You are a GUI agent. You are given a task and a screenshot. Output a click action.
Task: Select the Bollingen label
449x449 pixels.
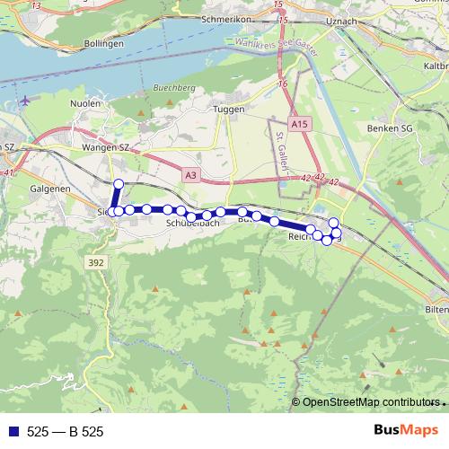pos(102,42)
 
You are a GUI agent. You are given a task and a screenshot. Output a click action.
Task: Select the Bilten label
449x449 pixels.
pos(436,309)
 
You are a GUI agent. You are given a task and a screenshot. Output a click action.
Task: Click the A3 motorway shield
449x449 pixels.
pos(189,176)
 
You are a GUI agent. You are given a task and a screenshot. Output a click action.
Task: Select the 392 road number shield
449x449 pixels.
pos(96,261)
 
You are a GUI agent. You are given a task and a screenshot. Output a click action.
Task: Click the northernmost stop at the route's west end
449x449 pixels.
pos(118,183)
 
